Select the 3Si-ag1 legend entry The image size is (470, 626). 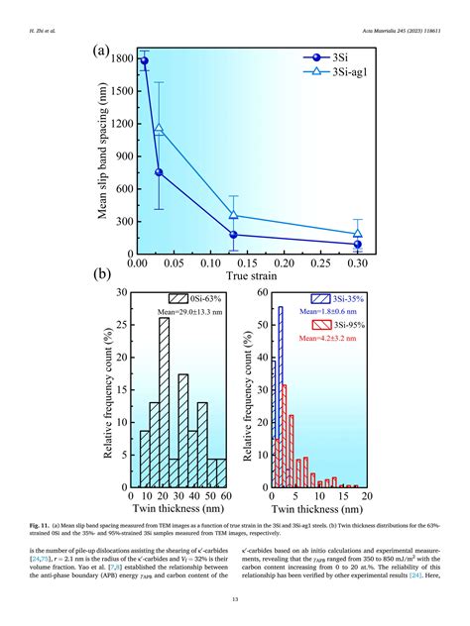(x=333, y=74)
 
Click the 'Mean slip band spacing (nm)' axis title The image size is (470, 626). (x=103, y=155)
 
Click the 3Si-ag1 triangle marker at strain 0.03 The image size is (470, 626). (x=159, y=129)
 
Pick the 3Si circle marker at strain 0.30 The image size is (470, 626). (x=357, y=244)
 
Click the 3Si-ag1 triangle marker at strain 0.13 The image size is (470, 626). (x=234, y=215)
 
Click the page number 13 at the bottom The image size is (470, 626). (x=235, y=598)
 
